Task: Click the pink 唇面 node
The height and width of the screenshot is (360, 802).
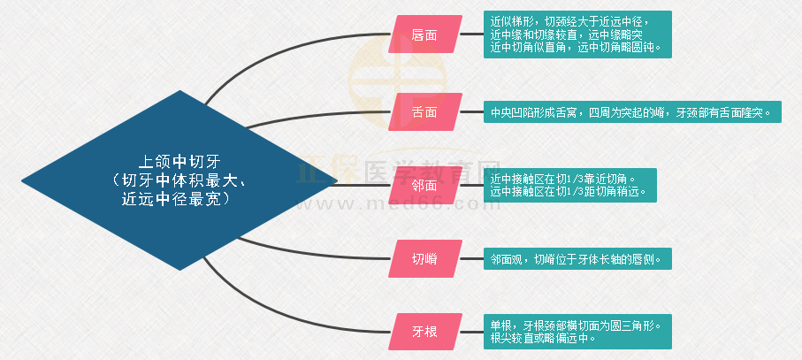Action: (x=425, y=34)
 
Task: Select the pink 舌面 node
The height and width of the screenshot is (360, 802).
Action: (x=425, y=112)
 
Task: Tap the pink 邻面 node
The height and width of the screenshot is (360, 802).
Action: (x=425, y=186)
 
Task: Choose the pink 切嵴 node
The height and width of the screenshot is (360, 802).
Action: (x=425, y=259)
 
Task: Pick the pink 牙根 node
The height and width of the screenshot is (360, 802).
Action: (x=425, y=332)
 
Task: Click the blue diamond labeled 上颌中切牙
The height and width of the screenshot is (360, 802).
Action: (x=179, y=180)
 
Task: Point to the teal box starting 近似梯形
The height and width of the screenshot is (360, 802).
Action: (x=577, y=34)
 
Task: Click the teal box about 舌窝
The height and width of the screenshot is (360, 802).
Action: (x=633, y=112)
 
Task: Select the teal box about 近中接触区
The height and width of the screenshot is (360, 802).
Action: (x=570, y=185)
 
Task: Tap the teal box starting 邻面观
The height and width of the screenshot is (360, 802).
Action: (x=577, y=259)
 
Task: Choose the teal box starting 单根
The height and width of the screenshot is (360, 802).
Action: (x=577, y=332)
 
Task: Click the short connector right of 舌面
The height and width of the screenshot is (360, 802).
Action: (x=471, y=112)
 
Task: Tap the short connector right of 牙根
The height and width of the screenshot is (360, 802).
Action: (x=471, y=332)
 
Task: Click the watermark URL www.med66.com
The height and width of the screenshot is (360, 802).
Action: (x=398, y=204)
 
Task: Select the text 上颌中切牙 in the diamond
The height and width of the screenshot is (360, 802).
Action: (x=179, y=163)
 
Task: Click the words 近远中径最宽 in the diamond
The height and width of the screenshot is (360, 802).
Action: (x=173, y=199)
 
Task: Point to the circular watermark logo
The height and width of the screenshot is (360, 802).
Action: (x=397, y=80)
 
